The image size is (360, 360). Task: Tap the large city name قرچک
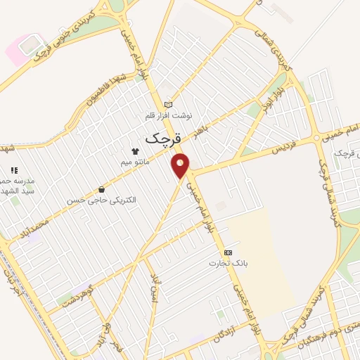click(x=164, y=139)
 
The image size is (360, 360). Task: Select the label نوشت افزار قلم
click(x=168, y=115)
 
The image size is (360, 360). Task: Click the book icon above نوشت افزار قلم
click(x=168, y=104)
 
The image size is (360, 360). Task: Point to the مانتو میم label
click(x=136, y=162)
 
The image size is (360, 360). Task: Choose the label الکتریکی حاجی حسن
click(x=102, y=200)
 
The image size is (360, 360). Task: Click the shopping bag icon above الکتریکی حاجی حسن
click(x=102, y=189)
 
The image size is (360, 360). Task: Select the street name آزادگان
click(x=219, y=330)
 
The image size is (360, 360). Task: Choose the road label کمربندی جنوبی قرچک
click(x=74, y=31)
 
